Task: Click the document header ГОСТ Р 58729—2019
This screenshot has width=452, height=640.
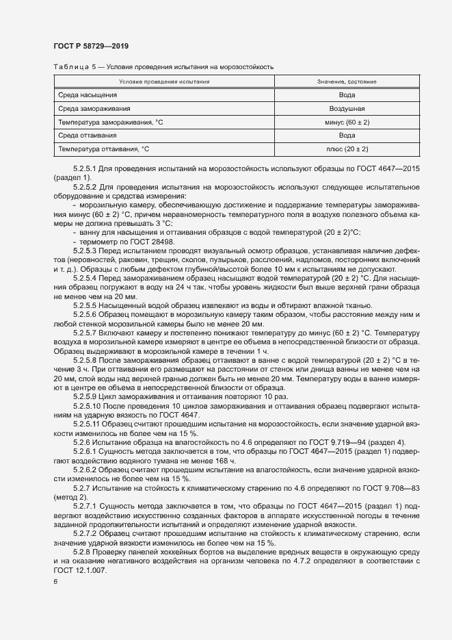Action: coord(91,46)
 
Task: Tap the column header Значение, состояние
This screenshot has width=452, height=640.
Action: coord(347,81)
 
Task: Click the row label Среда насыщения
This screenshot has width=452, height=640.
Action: coord(87,94)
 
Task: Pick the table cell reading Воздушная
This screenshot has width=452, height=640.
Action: coord(347,108)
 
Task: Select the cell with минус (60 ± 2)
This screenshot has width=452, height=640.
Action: coord(347,122)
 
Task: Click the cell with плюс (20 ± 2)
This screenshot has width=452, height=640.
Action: coord(347,149)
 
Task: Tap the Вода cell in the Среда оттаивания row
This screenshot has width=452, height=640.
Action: coord(347,136)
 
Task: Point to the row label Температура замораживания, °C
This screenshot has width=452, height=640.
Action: coord(106,122)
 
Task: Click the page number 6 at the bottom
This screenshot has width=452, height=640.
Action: coord(55,581)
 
